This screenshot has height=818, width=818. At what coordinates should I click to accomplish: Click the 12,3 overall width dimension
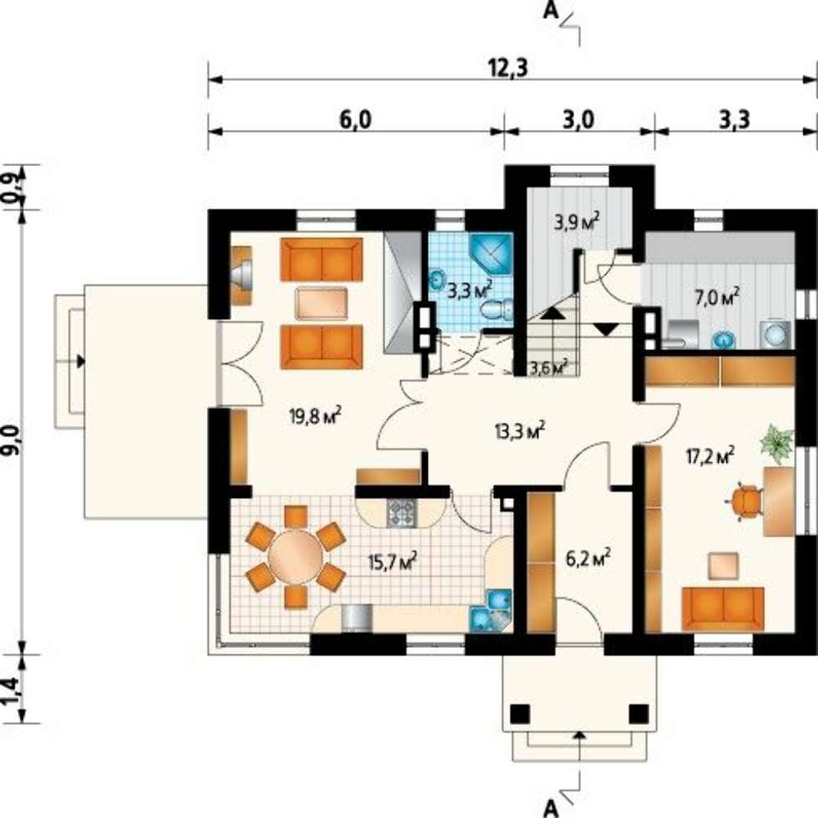508,69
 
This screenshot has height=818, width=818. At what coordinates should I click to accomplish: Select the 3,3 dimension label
735,120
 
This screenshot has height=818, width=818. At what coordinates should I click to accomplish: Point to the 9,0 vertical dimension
14,439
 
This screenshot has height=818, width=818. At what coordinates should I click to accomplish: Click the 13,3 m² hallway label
519,430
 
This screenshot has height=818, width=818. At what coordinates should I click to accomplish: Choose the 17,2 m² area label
710,456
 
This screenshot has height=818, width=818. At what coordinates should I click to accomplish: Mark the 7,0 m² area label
717,298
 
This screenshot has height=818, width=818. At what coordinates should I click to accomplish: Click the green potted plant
777,444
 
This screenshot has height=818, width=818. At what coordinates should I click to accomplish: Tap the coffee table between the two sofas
321,303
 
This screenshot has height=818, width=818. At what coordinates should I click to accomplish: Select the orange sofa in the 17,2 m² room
723,609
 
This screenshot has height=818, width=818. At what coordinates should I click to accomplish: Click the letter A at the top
551,10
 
